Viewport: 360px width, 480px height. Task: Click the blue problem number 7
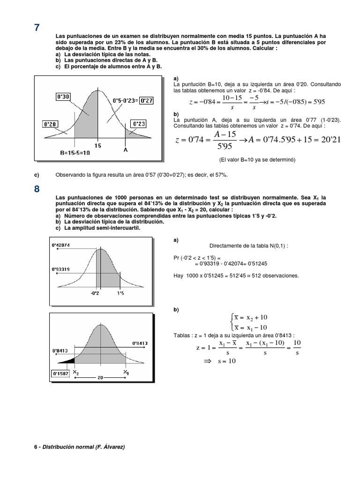(x=37, y=27)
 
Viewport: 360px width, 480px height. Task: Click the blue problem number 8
(x=37, y=189)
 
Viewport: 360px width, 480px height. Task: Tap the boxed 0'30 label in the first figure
(x=63, y=97)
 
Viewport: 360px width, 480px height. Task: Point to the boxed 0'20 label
(x=50, y=124)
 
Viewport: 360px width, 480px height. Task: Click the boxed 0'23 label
(x=139, y=124)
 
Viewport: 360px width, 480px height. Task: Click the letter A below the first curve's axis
(x=125, y=150)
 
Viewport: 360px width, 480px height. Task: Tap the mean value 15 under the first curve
(x=97, y=146)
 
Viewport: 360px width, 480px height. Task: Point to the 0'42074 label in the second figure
(x=60, y=245)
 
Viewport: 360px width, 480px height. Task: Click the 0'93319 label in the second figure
(x=60, y=269)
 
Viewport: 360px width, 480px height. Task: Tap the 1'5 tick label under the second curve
(x=120, y=293)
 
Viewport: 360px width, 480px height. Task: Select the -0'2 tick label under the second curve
(x=95, y=293)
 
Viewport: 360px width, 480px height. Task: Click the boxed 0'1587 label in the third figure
(x=60, y=374)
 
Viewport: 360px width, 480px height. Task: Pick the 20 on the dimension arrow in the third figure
(x=100, y=376)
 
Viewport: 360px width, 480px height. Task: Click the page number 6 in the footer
(x=36, y=447)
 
